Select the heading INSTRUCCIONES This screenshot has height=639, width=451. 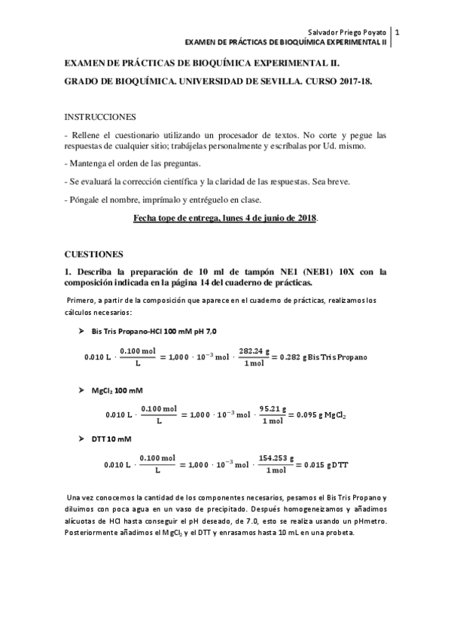[x=100, y=117]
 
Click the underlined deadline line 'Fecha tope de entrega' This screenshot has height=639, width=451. [x=225, y=218]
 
